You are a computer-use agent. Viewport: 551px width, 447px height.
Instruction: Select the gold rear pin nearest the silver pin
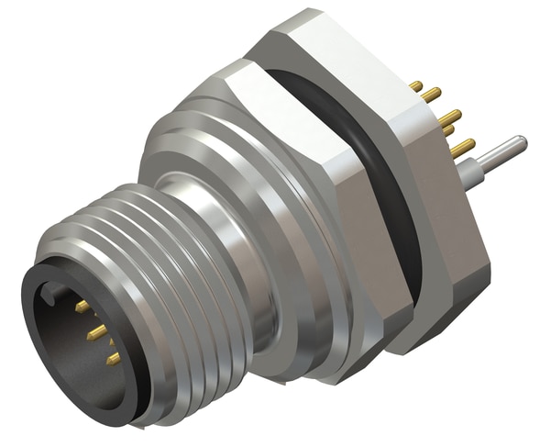tap(465, 146)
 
